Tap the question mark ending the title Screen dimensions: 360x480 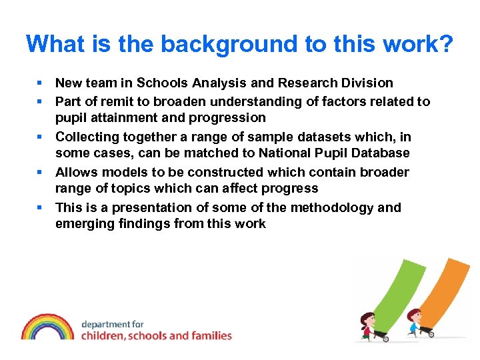[445, 45]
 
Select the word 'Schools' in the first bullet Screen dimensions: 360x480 [163, 83]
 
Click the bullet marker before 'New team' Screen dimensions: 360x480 [41, 83]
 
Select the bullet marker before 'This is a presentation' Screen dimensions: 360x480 [41, 207]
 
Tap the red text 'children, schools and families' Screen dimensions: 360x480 [157, 335]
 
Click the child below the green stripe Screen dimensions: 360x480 [368, 323]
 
